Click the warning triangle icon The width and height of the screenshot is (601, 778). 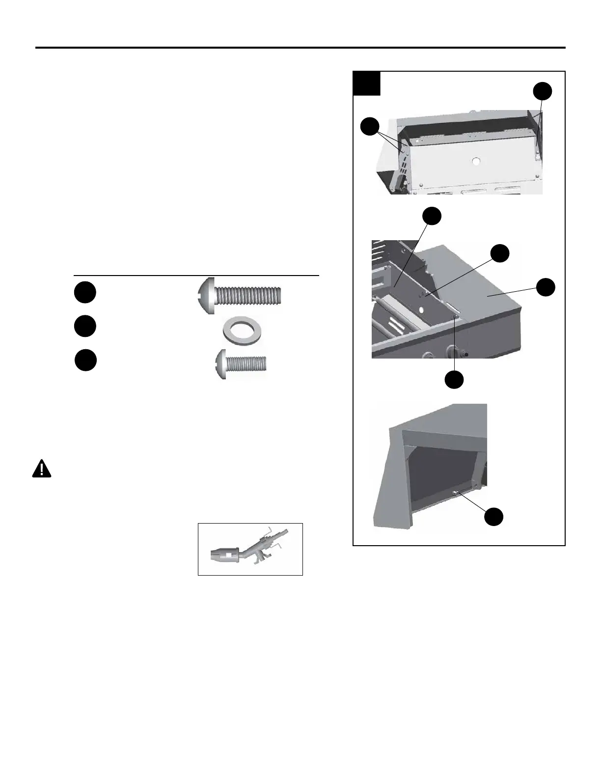pyautogui.click(x=42, y=469)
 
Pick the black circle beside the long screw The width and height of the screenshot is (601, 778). pyautogui.click(x=85, y=293)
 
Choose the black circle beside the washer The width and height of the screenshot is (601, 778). pyautogui.click(x=85, y=327)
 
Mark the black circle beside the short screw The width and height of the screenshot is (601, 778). pyautogui.click(x=85, y=361)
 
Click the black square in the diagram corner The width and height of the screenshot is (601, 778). pyautogui.click(x=367, y=83)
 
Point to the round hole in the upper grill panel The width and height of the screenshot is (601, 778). pyautogui.click(x=475, y=161)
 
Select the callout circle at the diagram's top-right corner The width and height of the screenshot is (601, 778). pyautogui.click(x=543, y=91)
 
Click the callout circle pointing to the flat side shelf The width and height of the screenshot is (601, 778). pyautogui.click(x=546, y=287)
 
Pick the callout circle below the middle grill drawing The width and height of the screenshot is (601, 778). pyautogui.click(x=454, y=379)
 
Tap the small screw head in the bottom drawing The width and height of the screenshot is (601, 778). pyautogui.click(x=457, y=493)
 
